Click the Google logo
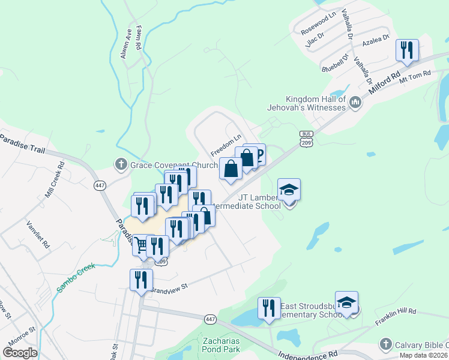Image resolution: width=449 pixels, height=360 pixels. (20, 353)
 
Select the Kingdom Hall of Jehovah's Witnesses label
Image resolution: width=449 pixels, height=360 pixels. (307, 103)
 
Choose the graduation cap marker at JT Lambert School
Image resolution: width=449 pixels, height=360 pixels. (289, 190)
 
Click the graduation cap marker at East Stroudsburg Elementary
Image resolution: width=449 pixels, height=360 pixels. (346, 302)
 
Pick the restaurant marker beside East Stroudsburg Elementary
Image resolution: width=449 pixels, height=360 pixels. (269, 308)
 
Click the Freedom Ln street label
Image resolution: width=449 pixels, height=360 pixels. (224, 145)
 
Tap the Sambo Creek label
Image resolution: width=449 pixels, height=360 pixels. (76, 277)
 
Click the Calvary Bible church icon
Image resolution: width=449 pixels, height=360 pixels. (385, 344)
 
